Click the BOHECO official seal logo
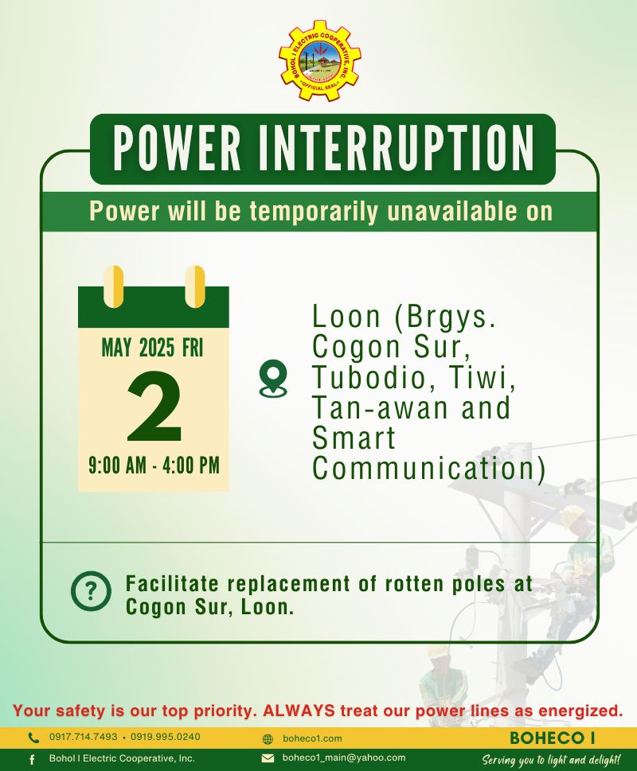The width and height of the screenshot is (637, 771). (x=320, y=60)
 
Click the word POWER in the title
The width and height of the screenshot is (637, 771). (x=177, y=148)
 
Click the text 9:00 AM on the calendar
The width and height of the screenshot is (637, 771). (x=118, y=465)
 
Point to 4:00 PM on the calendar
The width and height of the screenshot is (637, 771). (x=191, y=465)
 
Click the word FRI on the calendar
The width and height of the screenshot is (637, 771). (x=193, y=349)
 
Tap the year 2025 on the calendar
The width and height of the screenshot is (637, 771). (x=157, y=349)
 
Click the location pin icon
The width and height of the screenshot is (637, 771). (x=273, y=378)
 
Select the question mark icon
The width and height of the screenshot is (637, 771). (x=91, y=591)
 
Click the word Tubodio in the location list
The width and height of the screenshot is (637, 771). (x=369, y=378)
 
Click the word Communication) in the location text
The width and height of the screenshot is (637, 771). (x=429, y=469)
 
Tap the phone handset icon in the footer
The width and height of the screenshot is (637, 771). (x=33, y=738)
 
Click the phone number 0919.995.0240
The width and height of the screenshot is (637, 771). (x=166, y=737)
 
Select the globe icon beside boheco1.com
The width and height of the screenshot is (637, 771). (x=268, y=738)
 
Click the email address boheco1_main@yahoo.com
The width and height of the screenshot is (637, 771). (x=344, y=757)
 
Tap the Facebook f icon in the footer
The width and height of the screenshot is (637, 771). (x=32, y=759)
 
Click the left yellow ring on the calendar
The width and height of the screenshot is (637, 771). (x=114, y=286)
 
